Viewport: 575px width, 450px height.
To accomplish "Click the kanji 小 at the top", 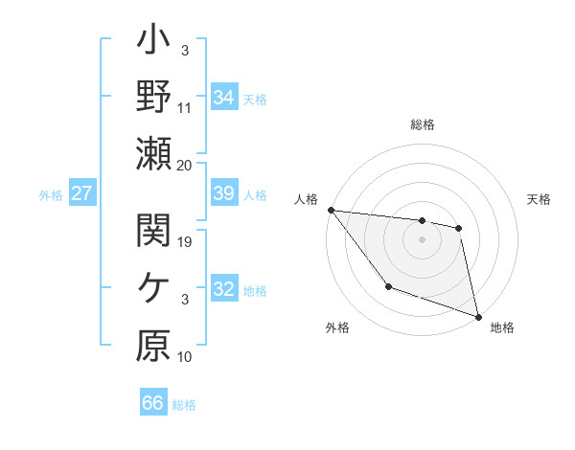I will (x=153, y=44).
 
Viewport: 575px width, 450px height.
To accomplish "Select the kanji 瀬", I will (x=153, y=153).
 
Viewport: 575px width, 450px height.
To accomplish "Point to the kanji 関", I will (x=153, y=231).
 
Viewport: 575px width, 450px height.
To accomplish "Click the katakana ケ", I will (x=153, y=288).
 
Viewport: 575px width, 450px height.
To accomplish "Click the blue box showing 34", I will (x=224, y=98).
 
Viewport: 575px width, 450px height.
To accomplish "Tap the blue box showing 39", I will (x=224, y=194).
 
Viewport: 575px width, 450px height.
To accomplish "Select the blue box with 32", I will (x=224, y=290).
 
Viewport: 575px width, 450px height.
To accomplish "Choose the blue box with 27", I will (x=82, y=194).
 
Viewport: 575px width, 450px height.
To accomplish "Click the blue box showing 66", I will (x=153, y=403).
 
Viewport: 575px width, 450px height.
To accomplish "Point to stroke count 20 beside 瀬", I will (x=185, y=165).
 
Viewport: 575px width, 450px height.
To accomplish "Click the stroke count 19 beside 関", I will (x=185, y=242).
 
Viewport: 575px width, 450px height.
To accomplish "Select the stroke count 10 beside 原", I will (x=185, y=357).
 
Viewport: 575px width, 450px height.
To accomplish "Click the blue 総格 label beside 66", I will (x=184, y=405).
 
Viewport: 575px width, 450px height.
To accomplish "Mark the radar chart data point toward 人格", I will (x=331, y=210).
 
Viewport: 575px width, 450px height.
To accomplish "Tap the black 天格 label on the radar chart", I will (x=540, y=199).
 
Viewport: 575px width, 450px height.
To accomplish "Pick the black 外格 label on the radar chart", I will (x=337, y=328).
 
